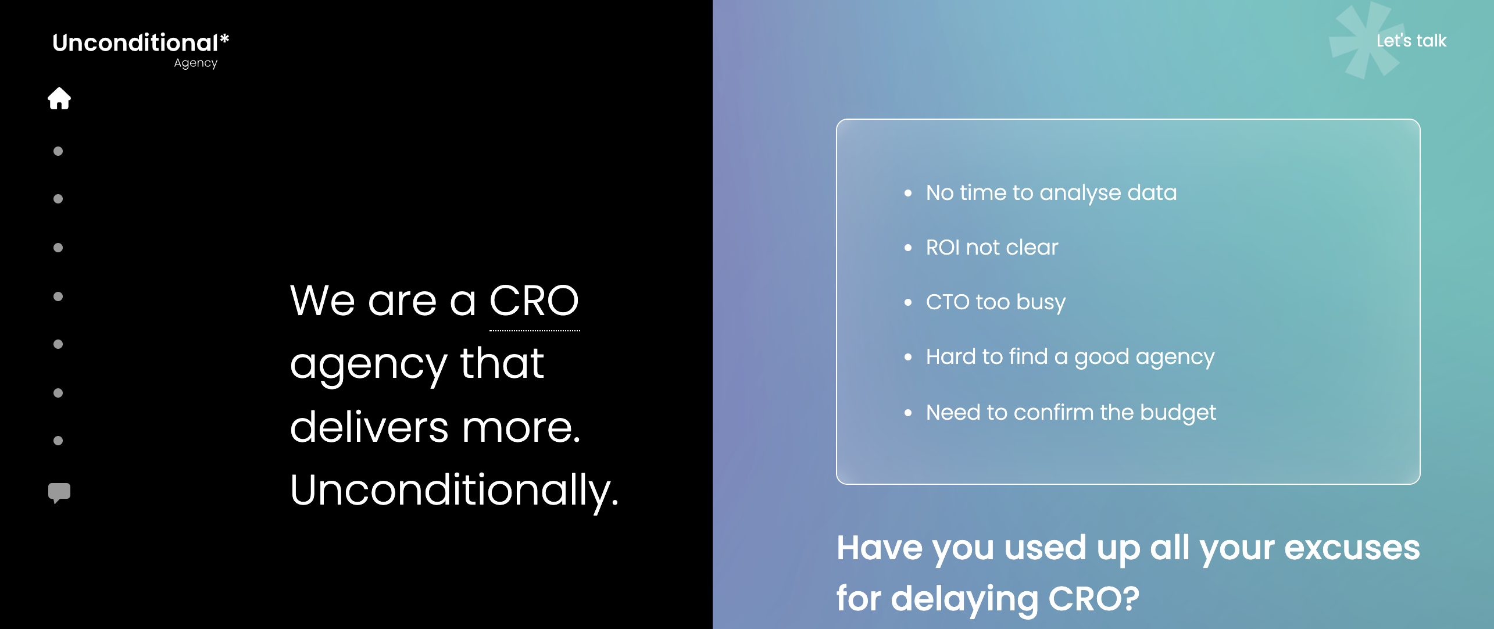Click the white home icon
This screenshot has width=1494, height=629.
[x=59, y=98]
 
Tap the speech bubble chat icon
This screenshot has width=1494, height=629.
[x=59, y=492]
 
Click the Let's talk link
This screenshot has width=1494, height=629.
[x=1411, y=41]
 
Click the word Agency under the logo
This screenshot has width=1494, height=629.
[x=195, y=63]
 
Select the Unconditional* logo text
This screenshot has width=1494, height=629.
[x=140, y=42]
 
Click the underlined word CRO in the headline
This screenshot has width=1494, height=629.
[x=534, y=301]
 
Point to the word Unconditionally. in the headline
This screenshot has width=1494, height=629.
[x=454, y=490]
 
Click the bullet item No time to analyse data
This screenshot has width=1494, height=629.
[x=1050, y=192]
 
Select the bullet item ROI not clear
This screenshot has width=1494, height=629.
[x=992, y=248]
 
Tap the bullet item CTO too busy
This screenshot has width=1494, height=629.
[x=995, y=302]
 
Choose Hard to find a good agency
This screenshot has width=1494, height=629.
[x=1070, y=357]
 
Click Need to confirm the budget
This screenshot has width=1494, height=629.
[x=1070, y=412]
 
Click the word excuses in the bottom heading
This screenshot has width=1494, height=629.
[x=1352, y=548]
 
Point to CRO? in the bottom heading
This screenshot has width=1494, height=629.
[x=1093, y=598]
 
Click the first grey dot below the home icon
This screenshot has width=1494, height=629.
[x=58, y=151]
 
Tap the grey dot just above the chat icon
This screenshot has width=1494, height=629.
[x=58, y=441]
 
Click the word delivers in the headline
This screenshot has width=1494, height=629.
[x=369, y=427]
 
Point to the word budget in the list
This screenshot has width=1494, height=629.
[x=1178, y=412]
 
